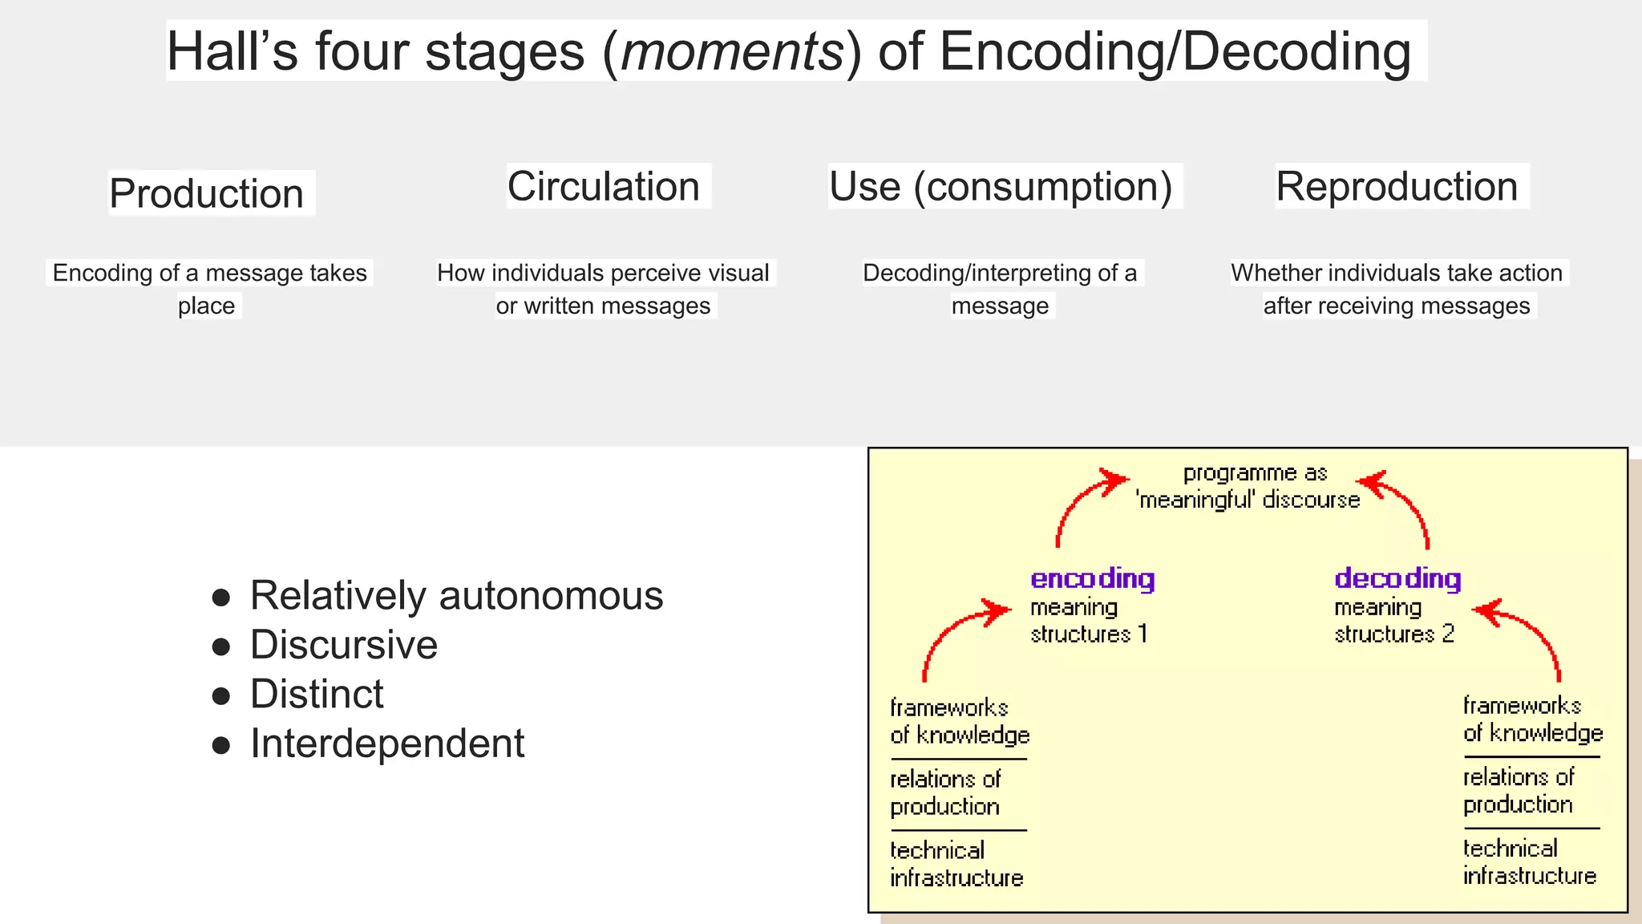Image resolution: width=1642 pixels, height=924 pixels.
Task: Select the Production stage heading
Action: point(207,194)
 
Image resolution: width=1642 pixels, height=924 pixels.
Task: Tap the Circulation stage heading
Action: point(604,187)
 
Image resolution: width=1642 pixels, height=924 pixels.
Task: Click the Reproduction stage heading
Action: point(1397,187)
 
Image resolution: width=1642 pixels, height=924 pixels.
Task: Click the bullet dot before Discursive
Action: point(221,646)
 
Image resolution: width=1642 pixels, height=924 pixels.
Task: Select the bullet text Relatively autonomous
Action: point(456,596)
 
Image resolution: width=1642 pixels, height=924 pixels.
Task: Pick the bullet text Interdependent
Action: point(387,744)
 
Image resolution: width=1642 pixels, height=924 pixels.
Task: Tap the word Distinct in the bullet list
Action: point(317,695)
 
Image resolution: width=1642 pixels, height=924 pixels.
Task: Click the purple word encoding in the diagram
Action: point(1092,578)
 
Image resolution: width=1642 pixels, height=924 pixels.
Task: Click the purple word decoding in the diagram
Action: point(1397,578)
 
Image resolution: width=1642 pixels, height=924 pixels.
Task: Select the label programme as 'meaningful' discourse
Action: point(1249,487)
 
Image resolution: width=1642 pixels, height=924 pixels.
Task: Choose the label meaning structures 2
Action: point(1393,621)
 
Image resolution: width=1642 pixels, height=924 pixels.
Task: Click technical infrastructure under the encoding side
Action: point(956,865)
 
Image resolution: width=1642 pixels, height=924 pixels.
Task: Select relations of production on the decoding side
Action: point(1518,791)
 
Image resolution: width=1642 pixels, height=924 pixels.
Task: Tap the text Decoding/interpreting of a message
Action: point(1000,289)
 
